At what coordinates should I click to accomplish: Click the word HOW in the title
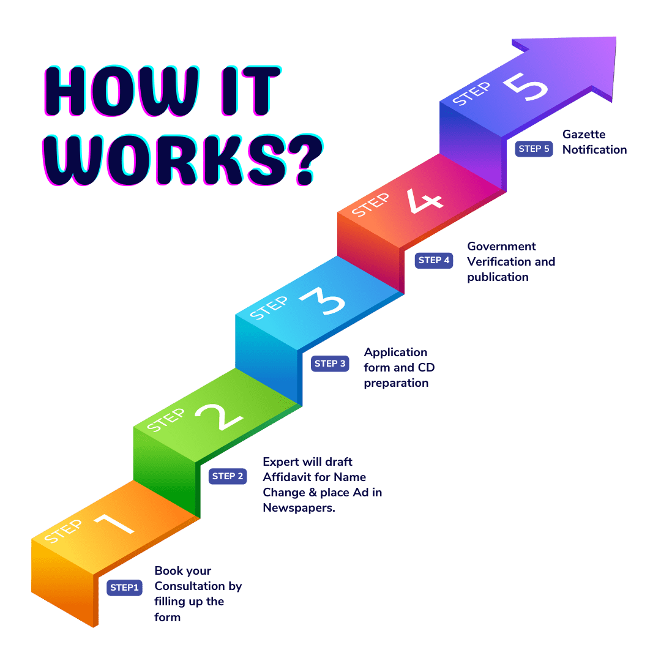pos(121,91)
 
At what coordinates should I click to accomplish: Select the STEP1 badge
pos(124,587)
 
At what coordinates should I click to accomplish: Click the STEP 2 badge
pos(228,476)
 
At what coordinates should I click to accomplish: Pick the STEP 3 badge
pos(330,364)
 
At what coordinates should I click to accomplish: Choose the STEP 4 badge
pos(434,260)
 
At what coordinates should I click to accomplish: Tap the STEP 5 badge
pos(534,149)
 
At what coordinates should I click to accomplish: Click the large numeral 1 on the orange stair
pos(114,524)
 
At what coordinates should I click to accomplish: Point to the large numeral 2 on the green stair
pos(218,417)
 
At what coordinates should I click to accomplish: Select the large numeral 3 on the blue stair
pos(323,301)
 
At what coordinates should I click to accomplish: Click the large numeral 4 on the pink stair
pos(424,201)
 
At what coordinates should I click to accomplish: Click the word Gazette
pos(584,135)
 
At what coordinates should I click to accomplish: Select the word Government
pos(502,246)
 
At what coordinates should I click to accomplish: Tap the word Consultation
pos(189,586)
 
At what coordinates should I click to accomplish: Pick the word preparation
pos(396,383)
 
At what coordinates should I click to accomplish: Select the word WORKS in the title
pos(165,160)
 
